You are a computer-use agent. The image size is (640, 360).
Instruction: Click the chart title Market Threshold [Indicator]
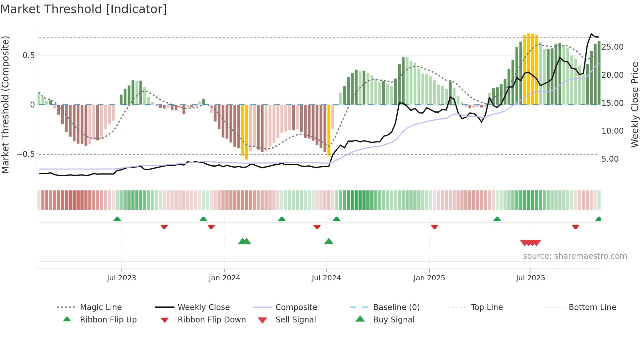(84, 9)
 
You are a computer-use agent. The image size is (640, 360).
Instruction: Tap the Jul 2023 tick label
(121, 278)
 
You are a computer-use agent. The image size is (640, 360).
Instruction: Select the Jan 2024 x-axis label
(224, 278)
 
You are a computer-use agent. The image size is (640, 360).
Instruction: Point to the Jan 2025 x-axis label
(429, 278)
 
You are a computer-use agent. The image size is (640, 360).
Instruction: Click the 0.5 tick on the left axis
(28, 56)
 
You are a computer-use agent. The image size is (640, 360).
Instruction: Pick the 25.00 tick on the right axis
(613, 47)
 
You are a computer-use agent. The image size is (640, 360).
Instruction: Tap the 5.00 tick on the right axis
(610, 159)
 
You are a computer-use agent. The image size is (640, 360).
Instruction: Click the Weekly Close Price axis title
(634, 105)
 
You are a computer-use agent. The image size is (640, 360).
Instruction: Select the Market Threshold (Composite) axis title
(5, 105)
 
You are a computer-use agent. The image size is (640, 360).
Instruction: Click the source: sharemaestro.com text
(575, 256)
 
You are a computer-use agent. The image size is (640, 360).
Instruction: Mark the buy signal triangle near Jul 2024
(329, 241)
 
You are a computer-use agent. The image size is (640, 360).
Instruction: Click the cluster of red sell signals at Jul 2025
(531, 243)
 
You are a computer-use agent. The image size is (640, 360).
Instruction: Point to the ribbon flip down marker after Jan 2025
(434, 227)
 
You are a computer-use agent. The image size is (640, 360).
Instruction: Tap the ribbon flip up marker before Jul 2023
(117, 219)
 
